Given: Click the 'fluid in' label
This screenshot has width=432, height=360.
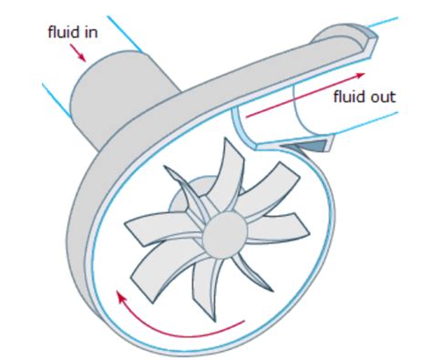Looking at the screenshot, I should pyautogui.click(x=73, y=33).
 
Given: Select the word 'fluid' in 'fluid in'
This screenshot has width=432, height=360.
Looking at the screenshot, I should pyautogui.click(x=64, y=33).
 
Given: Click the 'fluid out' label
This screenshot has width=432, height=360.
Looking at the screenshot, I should pyautogui.click(x=365, y=96).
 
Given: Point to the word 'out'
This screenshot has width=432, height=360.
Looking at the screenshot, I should pyautogui.click(x=384, y=96).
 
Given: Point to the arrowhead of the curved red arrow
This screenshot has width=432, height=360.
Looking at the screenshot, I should pyautogui.click(x=119, y=293).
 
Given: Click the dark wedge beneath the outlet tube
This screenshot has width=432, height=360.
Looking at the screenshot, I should pyautogui.click(x=314, y=144).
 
